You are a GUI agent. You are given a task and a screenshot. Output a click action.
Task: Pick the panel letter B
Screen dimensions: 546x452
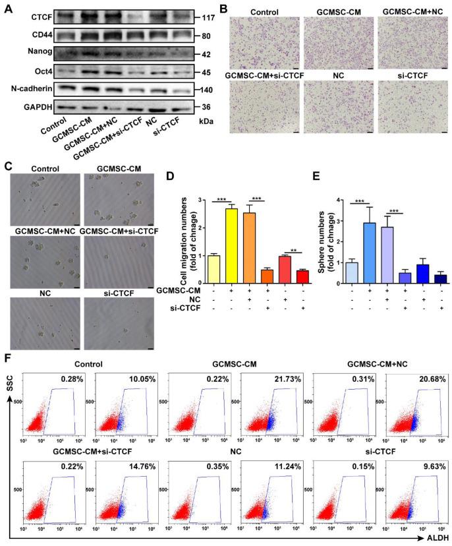point(223,9)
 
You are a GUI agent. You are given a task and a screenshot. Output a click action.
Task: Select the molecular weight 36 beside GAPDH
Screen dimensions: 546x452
point(206,106)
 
